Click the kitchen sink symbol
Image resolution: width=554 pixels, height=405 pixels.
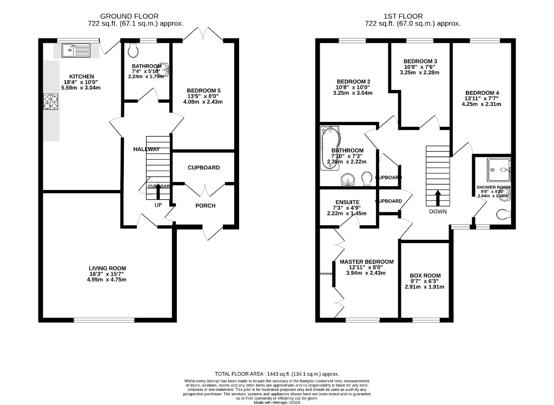76,51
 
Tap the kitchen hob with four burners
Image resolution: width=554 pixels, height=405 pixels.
50,102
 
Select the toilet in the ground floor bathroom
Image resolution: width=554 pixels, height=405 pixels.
134,51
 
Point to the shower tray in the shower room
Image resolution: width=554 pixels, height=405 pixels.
498,170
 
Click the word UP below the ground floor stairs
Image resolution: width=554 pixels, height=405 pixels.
159,205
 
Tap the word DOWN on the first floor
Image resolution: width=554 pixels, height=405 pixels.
438,211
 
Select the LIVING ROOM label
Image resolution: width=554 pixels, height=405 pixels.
108,268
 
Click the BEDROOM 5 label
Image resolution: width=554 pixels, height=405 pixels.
203,90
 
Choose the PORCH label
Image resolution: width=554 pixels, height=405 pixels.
205,205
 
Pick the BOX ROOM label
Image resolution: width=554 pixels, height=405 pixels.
425,275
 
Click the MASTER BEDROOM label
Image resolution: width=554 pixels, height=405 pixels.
366,262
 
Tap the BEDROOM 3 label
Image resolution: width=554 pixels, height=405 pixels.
420,61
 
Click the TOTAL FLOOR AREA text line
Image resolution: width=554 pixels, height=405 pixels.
276,374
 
